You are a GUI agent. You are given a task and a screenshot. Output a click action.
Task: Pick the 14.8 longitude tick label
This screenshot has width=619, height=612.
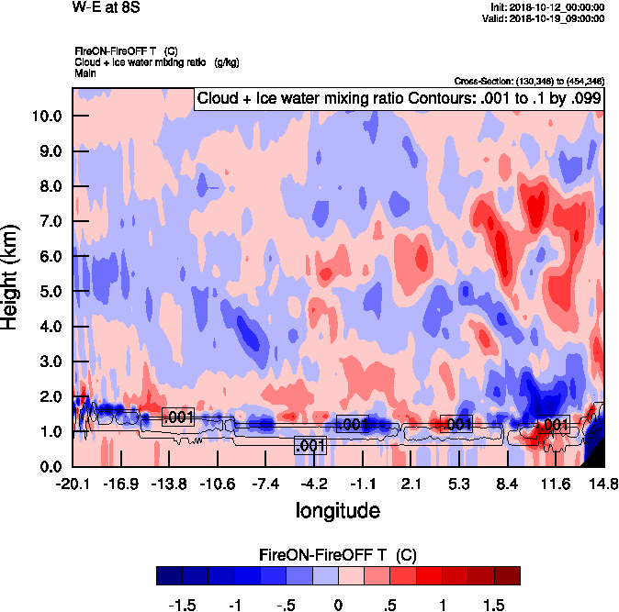click(x=603, y=484)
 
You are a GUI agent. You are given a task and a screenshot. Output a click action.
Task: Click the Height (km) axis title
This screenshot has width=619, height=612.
click(x=12, y=276)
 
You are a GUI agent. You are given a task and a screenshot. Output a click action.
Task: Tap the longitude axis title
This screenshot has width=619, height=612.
click(x=337, y=509)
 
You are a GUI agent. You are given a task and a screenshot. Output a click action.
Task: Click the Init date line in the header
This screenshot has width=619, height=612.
click(x=548, y=7)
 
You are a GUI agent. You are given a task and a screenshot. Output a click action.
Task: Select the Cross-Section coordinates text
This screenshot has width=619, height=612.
click(x=529, y=82)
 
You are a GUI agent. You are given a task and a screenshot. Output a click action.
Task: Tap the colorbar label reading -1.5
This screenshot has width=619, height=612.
click(x=185, y=605)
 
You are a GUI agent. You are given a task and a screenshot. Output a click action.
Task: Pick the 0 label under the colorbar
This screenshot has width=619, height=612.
click(x=338, y=605)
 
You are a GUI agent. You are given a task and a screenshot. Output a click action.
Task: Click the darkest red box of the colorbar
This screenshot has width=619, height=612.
click(x=507, y=575)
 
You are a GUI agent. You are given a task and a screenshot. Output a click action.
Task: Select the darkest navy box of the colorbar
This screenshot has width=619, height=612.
click(x=169, y=575)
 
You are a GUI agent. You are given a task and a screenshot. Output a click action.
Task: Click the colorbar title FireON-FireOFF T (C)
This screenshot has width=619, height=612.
click(x=338, y=555)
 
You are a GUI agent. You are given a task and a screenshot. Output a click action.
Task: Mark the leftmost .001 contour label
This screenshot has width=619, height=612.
click(x=178, y=417)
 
